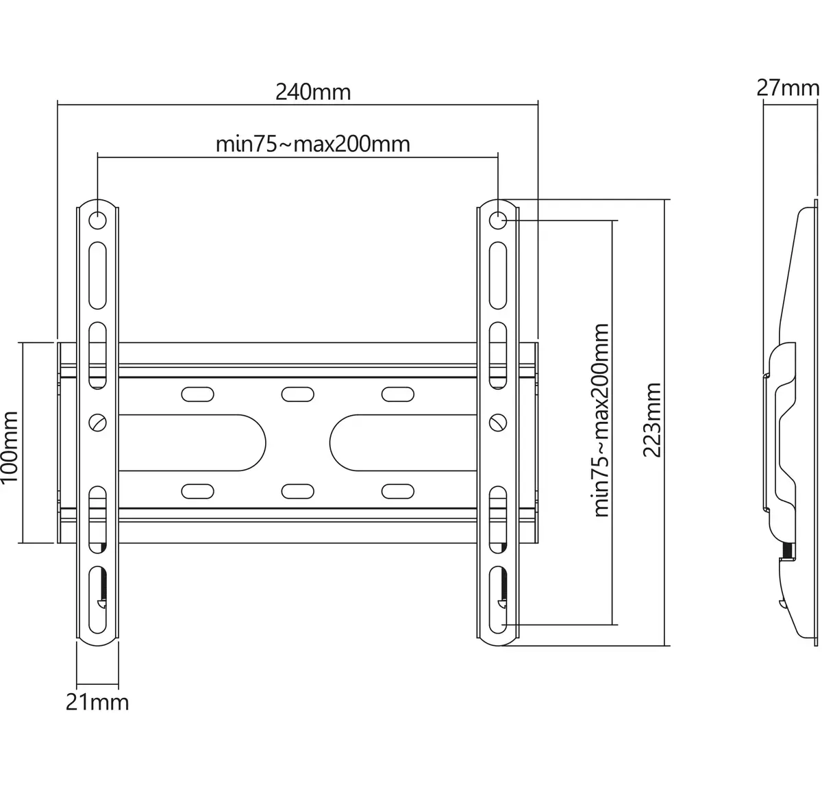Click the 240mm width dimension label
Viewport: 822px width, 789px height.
click(313, 92)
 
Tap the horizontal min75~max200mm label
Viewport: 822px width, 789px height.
click(312, 144)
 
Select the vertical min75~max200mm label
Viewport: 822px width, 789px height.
click(601, 421)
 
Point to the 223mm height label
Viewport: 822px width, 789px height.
click(651, 420)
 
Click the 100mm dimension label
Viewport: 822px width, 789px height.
click(10, 447)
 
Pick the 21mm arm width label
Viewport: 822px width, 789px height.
click(97, 703)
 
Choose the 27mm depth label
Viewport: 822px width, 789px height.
click(788, 88)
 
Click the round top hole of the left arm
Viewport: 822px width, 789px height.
click(97, 221)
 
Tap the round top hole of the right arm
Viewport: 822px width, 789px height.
click(497, 221)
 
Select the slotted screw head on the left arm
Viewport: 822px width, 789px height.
click(97, 423)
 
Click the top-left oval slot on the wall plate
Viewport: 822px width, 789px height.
click(197, 394)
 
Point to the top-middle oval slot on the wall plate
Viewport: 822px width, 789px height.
click(297, 394)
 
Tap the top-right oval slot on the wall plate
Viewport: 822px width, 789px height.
click(397, 394)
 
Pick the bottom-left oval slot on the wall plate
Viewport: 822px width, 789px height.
click(197, 491)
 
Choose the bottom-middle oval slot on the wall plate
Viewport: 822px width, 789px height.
click(297, 491)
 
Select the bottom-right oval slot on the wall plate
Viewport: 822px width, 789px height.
click(397, 491)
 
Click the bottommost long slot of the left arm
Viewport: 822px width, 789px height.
click(97, 600)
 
